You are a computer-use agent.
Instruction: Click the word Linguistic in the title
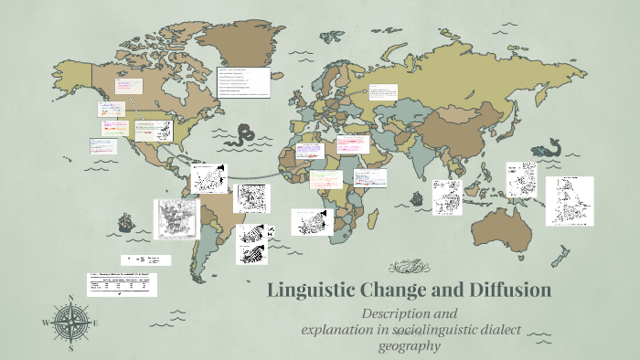[x=313, y=291]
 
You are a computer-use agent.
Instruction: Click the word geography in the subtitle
[x=411, y=345]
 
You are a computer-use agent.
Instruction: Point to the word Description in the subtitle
[x=398, y=313]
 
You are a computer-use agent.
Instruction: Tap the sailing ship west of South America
[x=124, y=222]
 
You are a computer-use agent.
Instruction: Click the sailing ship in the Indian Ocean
[x=416, y=196]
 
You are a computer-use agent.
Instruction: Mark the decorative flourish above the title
[x=409, y=267]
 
